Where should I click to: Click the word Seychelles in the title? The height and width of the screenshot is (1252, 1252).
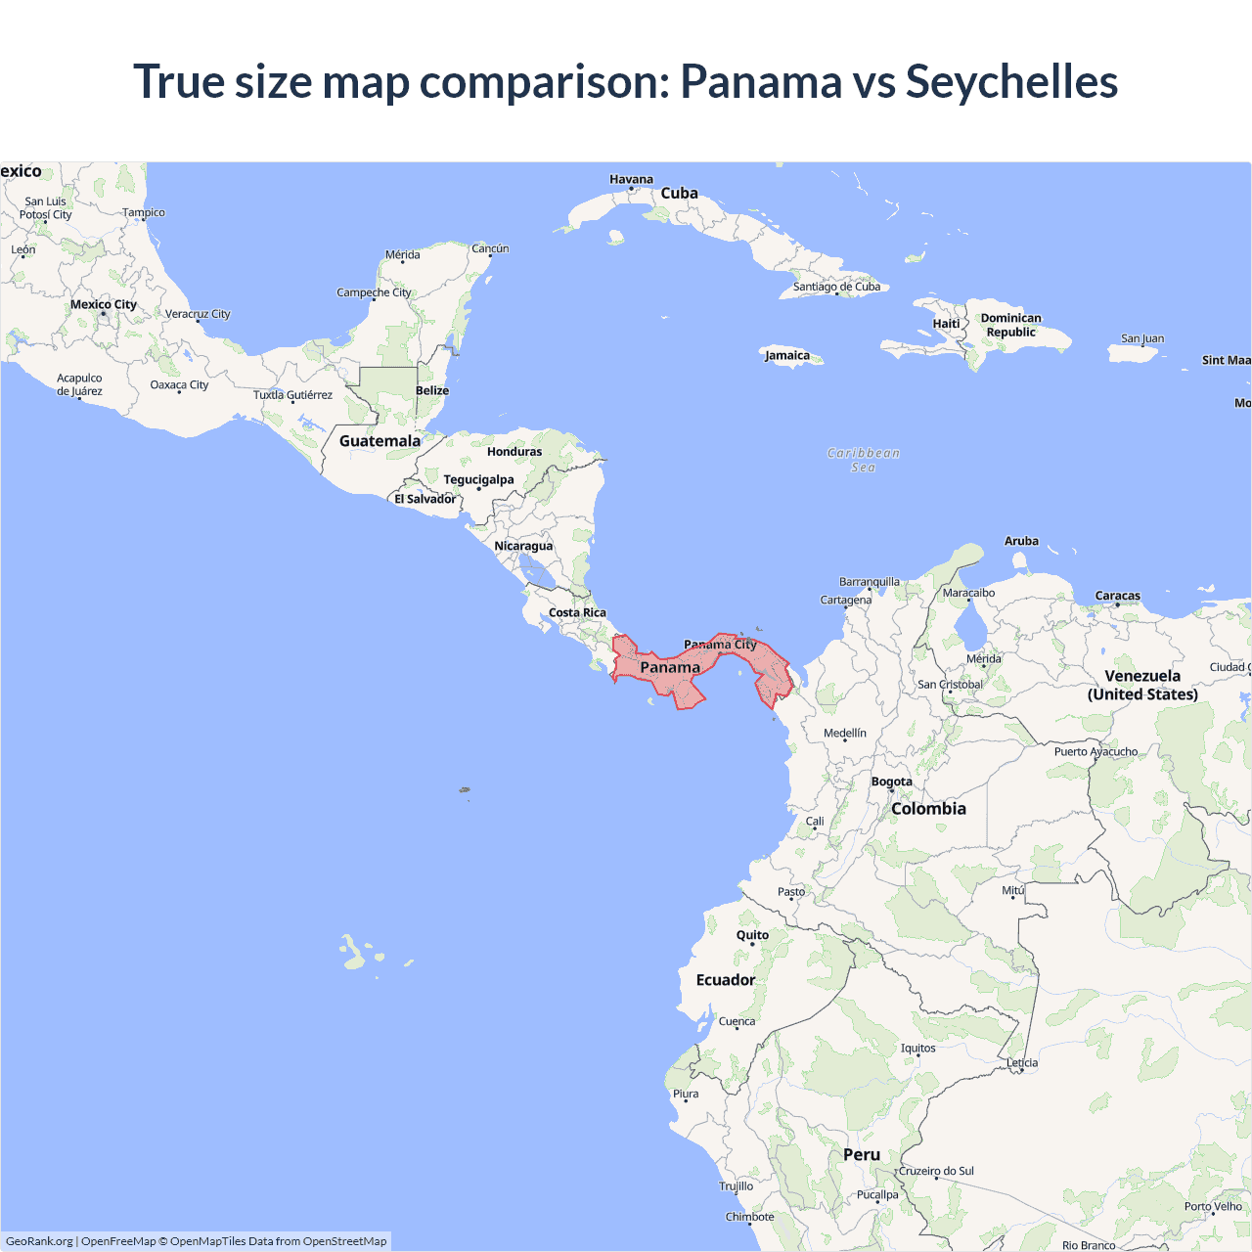[x=1011, y=81]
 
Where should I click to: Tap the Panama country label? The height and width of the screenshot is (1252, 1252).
[x=670, y=667]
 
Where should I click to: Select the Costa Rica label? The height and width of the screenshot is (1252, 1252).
[x=577, y=612]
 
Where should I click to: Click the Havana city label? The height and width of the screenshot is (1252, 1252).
[x=631, y=179]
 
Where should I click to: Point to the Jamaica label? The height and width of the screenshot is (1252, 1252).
[x=787, y=355]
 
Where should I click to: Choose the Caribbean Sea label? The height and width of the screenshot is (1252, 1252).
[x=863, y=460]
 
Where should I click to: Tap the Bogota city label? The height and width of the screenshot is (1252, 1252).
[x=891, y=782]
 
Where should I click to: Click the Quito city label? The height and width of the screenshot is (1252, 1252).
[x=752, y=935]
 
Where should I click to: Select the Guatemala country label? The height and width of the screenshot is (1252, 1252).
[x=380, y=441]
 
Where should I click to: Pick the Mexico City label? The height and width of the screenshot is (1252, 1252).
[x=104, y=304]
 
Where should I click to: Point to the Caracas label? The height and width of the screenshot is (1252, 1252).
[x=1117, y=596]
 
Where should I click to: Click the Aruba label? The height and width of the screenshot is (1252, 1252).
[x=1021, y=541]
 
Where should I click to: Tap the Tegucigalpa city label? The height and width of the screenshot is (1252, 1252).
[x=478, y=479]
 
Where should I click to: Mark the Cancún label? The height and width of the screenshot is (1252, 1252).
[x=490, y=248]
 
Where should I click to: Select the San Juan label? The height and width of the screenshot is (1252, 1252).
[x=1142, y=338]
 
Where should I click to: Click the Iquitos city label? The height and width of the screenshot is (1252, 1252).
[x=917, y=1048]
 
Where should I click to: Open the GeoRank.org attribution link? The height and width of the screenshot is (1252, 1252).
[x=39, y=1241]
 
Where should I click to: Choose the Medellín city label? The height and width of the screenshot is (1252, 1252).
[x=845, y=733]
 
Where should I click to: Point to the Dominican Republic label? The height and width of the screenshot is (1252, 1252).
[x=1010, y=325]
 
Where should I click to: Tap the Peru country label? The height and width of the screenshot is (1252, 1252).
[x=862, y=1154]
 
